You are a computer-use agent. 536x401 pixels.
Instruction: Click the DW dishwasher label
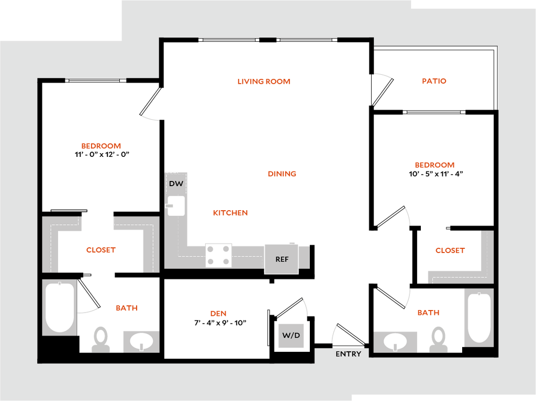[176, 184]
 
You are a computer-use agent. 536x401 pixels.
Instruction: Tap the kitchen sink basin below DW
[176, 206]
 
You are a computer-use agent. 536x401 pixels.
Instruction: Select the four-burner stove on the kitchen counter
[218, 255]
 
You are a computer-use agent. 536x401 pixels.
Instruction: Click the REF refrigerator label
[282, 259]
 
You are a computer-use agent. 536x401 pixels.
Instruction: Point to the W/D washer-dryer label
[291, 335]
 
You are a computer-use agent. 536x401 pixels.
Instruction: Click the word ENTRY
[348, 354]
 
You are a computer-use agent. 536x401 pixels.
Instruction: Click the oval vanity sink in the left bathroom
[141, 341]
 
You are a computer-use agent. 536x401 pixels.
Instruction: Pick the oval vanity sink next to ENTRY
[395, 341]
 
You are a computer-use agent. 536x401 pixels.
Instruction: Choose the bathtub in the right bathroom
[478, 317]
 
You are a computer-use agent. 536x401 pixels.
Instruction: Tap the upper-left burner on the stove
[210, 249]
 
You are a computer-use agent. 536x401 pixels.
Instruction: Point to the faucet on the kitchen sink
[170, 206]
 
